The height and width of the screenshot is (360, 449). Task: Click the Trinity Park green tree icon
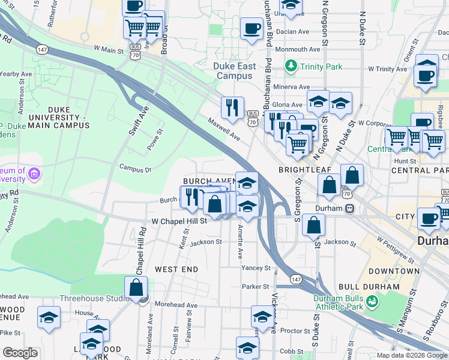coord(291,65)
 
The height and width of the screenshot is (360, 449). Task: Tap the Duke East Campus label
coord(235,71)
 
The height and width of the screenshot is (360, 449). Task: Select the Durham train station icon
coord(349,209)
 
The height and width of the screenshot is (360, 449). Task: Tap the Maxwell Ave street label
coord(224,129)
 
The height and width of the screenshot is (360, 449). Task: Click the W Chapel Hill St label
coord(179,221)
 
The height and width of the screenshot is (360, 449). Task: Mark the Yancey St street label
coord(256,268)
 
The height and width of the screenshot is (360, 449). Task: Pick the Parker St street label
coord(256,287)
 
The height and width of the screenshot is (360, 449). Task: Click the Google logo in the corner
coord(20,353)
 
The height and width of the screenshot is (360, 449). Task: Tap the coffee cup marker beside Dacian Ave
coord(252,28)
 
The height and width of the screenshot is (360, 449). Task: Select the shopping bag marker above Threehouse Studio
coord(136,287)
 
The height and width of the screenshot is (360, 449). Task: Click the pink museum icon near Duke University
coord(35,175)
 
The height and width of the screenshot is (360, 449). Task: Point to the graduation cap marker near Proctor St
coord(262,316)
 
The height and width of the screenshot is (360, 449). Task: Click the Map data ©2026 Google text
coord(411,355)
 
